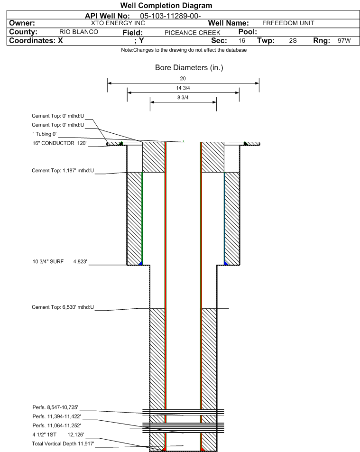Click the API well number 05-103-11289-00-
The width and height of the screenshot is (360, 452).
pos(170,16)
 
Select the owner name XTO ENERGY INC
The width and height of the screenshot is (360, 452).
pos(118,23)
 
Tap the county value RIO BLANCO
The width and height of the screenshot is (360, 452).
pos(79,32)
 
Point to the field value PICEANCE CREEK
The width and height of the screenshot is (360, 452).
pos(192,33)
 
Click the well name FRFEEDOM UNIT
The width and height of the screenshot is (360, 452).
pos(288,23)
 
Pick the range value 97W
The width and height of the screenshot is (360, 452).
pos(344,41)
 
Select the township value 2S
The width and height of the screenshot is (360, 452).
pos(293,41)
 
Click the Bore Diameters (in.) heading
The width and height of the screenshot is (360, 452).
pos(189,68)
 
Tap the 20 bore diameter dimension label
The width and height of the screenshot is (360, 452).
pos(183,78)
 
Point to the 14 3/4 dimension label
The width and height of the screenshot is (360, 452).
pos(183,88)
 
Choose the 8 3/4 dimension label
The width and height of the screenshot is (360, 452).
pos(183,97)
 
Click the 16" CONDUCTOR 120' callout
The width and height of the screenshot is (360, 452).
pos(59,143)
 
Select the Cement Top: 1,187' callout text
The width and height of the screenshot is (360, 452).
pos(63,171)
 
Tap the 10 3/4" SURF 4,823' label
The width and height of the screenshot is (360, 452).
pos(60,261)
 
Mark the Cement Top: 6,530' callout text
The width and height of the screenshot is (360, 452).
pos(63,307)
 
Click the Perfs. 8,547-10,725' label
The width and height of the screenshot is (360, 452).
pos(55,407)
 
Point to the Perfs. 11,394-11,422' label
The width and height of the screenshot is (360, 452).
pos(56,416)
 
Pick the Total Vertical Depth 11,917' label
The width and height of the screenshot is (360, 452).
pos(63,443)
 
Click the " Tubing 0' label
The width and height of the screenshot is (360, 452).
pos(45,134)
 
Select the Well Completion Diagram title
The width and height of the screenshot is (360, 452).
pos(166,6)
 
